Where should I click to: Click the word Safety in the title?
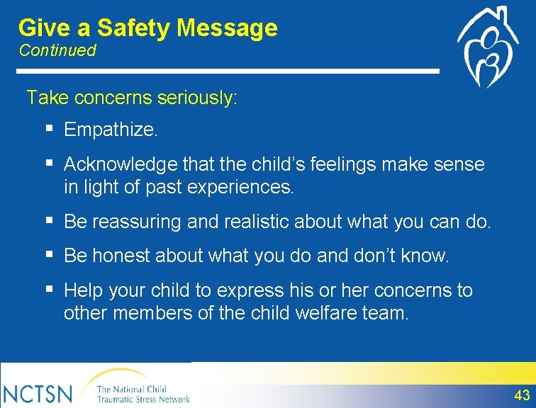(133, 28)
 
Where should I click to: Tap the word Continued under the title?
(57, 50)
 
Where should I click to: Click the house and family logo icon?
(488, 47)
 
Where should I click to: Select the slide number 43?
(522, 395)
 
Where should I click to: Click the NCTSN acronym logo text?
(37, 394)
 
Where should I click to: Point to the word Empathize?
(111, 130)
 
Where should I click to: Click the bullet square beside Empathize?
(50, 128)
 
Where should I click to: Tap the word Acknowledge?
(121, 165)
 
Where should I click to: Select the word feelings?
(343, 165)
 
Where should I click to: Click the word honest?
(121, 256)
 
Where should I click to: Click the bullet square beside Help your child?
(50, 289)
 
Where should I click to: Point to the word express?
(250, 291)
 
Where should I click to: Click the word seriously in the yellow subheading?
(196, 98)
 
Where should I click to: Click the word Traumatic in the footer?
(115, 399)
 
